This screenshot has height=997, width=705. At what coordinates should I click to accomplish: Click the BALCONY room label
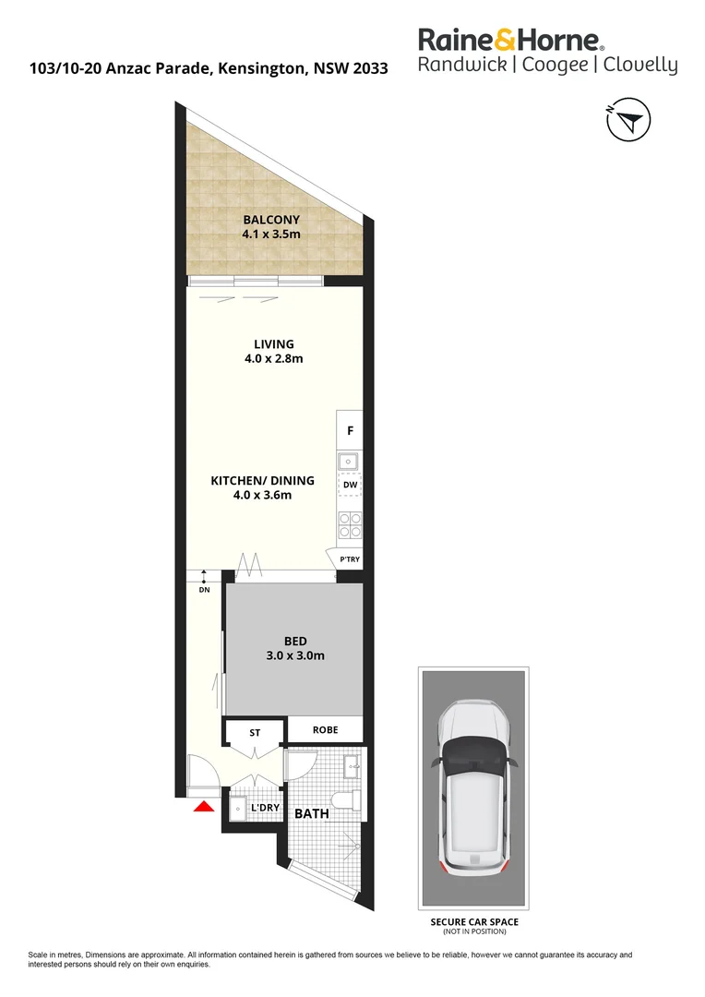[x=271, y=220]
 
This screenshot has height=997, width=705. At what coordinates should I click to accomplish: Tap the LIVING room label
[x=274, y=344]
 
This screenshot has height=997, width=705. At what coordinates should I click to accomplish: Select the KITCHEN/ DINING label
[x=263, y=480]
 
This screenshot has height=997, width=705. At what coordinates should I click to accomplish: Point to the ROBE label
[x=325, y=729]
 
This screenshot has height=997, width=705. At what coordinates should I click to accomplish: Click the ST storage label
[x=256, y=732]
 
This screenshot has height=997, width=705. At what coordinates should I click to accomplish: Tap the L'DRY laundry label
[x=266, y=809]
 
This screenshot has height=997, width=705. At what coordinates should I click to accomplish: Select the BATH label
[x=311, y=814]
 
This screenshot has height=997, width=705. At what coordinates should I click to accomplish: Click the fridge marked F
[x=350, y=430]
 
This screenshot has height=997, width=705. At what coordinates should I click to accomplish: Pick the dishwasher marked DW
[x=350, y=485]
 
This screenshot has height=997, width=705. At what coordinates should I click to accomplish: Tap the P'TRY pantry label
[x=350, y=559]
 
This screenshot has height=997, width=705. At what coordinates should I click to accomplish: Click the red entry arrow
[x=203, y=807]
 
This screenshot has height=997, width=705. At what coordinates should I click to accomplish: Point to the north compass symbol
[x=628, y=120]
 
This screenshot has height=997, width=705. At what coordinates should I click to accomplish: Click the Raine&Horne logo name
[x=512, y=40]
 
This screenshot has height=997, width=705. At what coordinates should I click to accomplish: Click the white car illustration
[x=475, y=790]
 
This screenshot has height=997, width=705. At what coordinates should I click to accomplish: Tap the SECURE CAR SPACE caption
[x=474, y=922]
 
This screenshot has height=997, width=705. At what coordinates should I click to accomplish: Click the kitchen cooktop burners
[x=350, y=523]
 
